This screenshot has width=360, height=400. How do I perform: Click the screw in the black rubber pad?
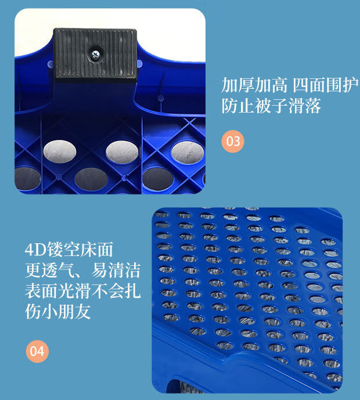96,55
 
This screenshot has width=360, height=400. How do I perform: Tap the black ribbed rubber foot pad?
95,53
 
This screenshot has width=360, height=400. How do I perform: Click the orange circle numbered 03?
233,141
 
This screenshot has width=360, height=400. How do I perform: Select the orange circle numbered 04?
37,351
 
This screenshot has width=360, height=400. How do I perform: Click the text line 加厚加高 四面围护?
290,85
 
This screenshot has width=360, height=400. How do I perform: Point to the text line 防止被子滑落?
271,106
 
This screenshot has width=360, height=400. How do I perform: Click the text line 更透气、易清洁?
83,270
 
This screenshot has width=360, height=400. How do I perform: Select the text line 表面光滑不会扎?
83,291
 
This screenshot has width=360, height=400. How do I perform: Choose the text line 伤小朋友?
58,312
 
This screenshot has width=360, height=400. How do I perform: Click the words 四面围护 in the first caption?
325,85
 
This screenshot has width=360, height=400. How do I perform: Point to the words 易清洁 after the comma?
116,270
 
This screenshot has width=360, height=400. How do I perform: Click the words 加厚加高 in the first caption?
254,85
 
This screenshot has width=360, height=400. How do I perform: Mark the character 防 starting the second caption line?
229,106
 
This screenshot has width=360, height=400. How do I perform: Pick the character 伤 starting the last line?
33,312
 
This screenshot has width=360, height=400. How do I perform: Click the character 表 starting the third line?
33,291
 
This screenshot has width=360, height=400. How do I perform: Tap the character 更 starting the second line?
33,270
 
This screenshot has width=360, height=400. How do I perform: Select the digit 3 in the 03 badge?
236,141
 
